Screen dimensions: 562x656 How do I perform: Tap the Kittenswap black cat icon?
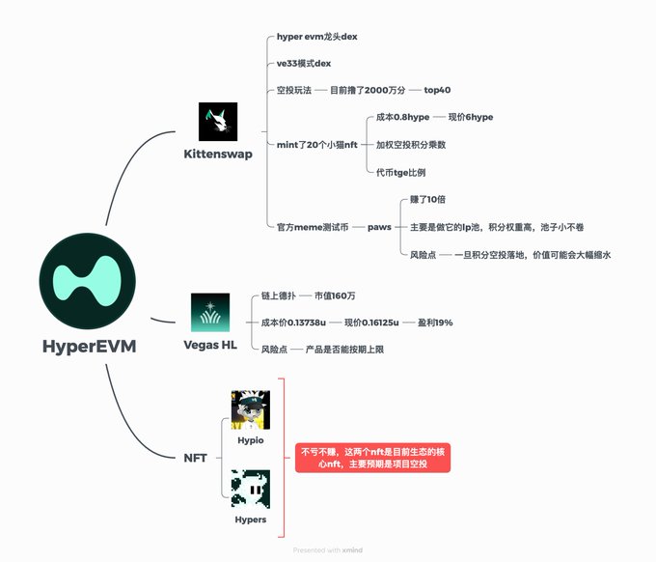click(x=217, y=123)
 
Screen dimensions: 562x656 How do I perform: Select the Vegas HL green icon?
click(x=210, y=313)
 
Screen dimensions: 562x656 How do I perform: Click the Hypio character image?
click(x=250, y=410)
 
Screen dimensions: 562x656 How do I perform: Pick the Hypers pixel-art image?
click(x=250, y=489)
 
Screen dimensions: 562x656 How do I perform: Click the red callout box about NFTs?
click(x=372, y=458)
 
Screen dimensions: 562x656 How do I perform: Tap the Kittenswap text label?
click(x=218, y=154)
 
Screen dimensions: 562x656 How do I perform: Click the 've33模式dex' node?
click(x=304, y=64)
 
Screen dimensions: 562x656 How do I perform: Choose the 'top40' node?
click(x=437, y=90)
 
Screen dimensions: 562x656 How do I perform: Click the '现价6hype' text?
click(x=471, y=117)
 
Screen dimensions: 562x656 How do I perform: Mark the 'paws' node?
click(x=379, y=226)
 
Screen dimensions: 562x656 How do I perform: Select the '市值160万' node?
click(x=342, y=295)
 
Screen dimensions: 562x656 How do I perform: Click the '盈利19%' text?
click(x=435, y=322)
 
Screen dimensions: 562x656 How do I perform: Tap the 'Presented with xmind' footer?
click(x=327, y=550)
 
